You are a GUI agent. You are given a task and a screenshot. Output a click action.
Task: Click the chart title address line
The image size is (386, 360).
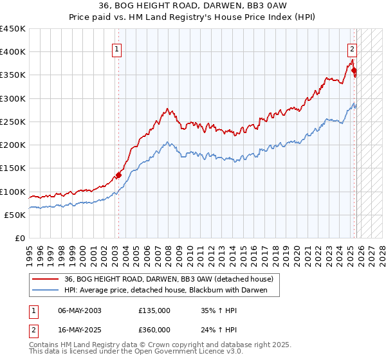point(193,6)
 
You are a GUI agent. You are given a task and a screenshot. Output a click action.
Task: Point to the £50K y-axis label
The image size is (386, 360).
point(15,215)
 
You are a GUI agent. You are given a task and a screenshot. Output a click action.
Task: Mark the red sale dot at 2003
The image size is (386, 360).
point(118,175)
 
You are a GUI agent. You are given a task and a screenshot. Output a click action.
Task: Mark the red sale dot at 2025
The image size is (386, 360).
point(354,70)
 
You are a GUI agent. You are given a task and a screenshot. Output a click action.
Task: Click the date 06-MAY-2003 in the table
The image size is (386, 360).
point(80,310)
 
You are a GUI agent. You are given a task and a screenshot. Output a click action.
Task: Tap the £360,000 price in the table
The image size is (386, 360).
point(154,329)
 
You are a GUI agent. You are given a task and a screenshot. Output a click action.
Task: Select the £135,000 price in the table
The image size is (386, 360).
point(154,310)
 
